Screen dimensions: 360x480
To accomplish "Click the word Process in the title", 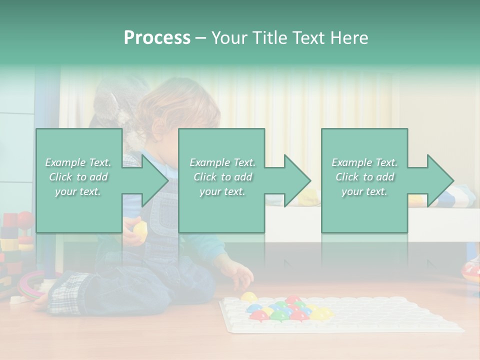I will tap(157, 38).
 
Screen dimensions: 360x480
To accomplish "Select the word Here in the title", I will tap(348, 38).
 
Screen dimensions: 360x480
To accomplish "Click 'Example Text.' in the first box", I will tap(78, 162).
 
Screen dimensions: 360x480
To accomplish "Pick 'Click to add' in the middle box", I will tap(222, 177).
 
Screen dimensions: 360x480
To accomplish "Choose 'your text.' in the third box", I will tap(364, 191).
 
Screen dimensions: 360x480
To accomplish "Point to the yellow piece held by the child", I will tap(140, 229).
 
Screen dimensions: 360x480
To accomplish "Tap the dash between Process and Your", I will tap(200, 38).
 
